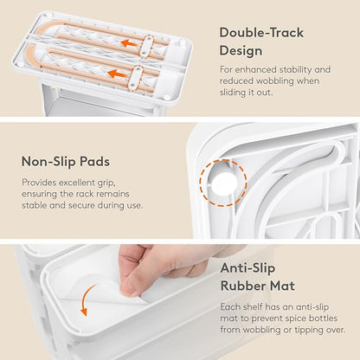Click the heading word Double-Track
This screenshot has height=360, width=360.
click(261, 32)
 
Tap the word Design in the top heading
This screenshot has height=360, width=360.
click(241, 51)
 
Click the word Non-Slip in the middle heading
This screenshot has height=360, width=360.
click(48, 161)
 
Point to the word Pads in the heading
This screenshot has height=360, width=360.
click(95, 161)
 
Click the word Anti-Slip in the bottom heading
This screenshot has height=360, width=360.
click(247, 268)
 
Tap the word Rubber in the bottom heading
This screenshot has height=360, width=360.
click(243, 286)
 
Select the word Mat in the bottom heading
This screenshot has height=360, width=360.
click(282, 286)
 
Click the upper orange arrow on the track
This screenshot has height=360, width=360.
click(129, 43)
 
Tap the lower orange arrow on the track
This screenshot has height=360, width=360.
click(117, 74)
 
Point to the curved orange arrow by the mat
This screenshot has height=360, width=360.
click(87, 299)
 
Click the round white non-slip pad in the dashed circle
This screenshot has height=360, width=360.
click(224, 183)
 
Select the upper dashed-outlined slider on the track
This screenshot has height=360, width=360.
click(147, 46)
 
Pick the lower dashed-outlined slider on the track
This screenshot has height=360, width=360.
click(135, 79)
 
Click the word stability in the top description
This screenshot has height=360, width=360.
click(289, 69)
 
